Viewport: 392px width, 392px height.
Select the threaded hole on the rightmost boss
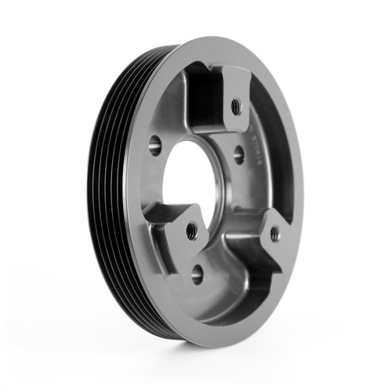coord(274,233)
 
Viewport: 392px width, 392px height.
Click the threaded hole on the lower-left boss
coord(191,230)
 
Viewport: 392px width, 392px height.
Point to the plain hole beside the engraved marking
coord(238,156)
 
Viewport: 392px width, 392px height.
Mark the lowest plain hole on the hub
coord(197,274)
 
